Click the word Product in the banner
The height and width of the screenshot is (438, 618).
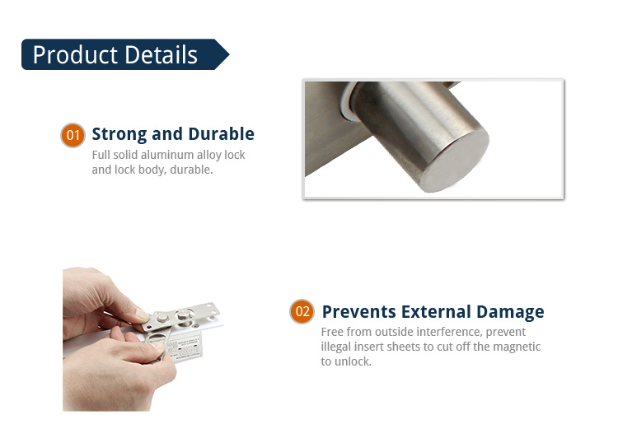[75, 55]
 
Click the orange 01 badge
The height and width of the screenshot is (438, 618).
[73, 135]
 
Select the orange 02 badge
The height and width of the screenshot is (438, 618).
[302, 311]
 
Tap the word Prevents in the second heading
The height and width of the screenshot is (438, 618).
[359, 311]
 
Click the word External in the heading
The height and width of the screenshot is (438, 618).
[436, 311]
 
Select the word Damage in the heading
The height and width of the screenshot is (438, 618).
[510, 312]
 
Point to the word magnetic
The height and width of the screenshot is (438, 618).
[517, 347]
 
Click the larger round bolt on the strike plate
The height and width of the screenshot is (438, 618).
[183, 315]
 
